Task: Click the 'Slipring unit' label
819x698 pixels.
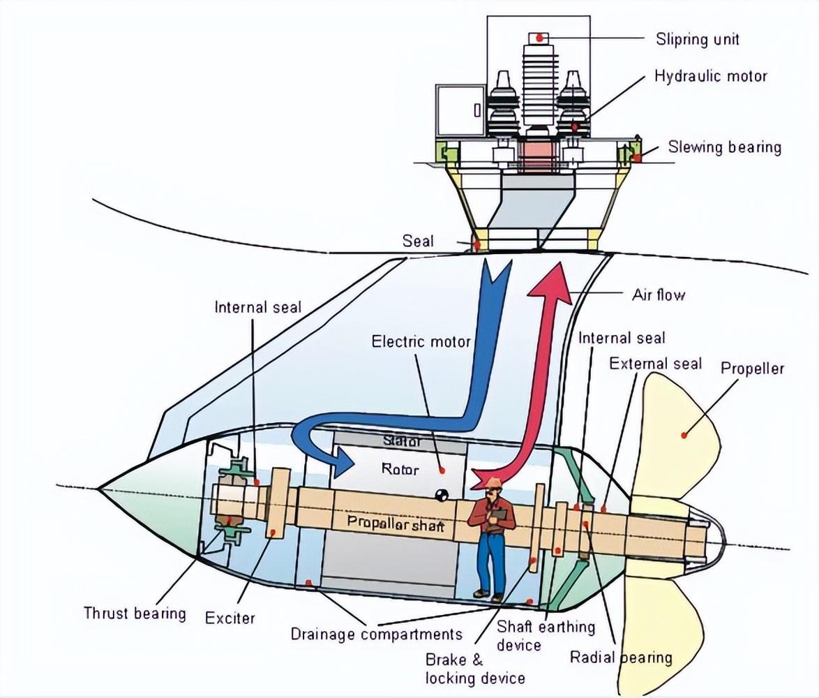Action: click(697, 38)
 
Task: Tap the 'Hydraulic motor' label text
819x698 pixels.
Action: click(710, 75)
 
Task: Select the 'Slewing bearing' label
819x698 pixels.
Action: click(724, 147)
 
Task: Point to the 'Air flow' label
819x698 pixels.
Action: click(658, 294)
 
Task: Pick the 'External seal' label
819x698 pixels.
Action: click(655, 363)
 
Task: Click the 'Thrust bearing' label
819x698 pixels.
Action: click(135, 613)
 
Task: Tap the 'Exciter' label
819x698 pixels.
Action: click(230, 618)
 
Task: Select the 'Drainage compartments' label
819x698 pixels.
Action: click(376, 634)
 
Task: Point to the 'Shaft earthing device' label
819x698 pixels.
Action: click(546, 635)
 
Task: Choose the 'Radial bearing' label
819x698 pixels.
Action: click(621, 657)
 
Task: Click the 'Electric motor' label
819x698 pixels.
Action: click(421, 341)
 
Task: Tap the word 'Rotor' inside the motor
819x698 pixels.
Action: click(400, 469)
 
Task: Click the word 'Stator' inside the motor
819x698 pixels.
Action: click(403, 441)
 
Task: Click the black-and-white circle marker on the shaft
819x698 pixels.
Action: click(441, 495)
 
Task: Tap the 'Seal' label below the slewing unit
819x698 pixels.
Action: click(418, 241)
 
